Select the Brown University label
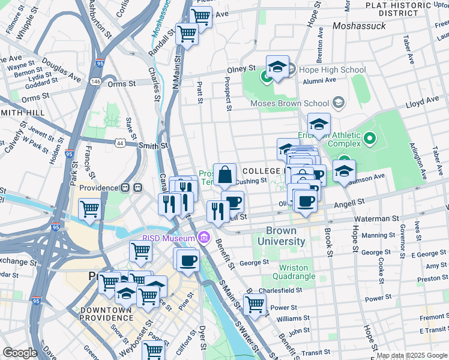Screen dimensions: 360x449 point(277,236)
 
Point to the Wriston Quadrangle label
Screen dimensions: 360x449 point(293,272)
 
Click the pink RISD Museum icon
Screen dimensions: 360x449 point(204,238)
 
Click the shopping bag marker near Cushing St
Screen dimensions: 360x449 point(224,175)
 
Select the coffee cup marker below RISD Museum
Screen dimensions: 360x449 point(188,260)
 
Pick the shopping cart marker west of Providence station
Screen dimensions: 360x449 point(89,209)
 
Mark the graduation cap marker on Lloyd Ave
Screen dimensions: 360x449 point(319,125)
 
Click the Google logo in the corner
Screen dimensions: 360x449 point(19,353)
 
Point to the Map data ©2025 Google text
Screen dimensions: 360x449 point(412,355)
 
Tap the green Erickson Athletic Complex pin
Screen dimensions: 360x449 point(369,139)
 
